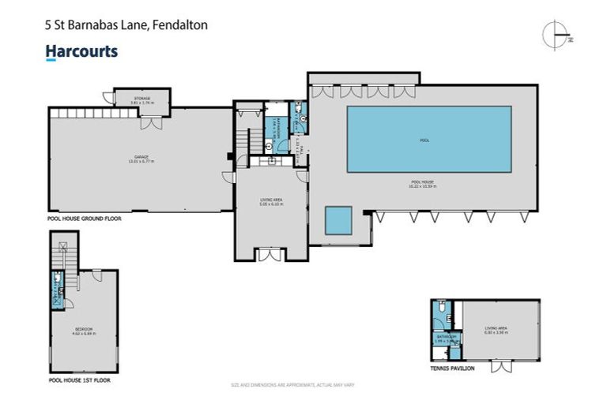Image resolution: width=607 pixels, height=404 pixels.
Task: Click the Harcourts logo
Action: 81,52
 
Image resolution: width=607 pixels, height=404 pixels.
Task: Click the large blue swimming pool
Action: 428,140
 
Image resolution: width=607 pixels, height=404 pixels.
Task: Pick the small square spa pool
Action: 338,220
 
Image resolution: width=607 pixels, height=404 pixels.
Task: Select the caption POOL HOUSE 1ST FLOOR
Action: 79,380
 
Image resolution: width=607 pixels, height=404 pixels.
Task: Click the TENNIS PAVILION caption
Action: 454,368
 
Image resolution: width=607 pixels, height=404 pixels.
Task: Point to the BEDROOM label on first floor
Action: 83,329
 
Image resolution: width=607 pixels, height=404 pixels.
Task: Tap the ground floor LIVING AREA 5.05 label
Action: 271,202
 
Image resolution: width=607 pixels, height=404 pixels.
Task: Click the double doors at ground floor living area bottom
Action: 270,254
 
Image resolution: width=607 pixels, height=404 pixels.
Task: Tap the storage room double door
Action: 147,124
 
